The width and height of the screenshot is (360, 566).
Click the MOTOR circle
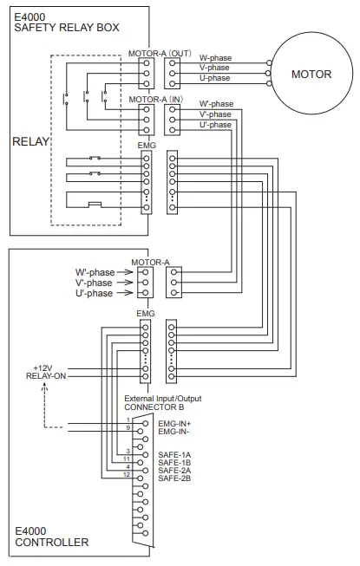point(311,74)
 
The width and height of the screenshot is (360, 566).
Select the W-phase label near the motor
point(215,58)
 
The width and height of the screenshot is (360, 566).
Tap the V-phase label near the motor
point(215,68)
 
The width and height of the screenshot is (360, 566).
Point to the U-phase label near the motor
point(215,78)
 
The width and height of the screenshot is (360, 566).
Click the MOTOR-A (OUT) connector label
point(160,53)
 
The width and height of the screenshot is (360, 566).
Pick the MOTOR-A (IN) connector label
point(155,100)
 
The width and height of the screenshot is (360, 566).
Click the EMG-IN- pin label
point(173,430)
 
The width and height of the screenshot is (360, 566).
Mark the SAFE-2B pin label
point(173,478)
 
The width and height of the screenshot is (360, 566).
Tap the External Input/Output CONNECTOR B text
point(162,401)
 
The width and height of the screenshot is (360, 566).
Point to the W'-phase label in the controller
point(94,272)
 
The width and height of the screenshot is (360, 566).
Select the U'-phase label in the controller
point(94,293)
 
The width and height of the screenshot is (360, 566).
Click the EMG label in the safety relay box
point(147,146)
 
